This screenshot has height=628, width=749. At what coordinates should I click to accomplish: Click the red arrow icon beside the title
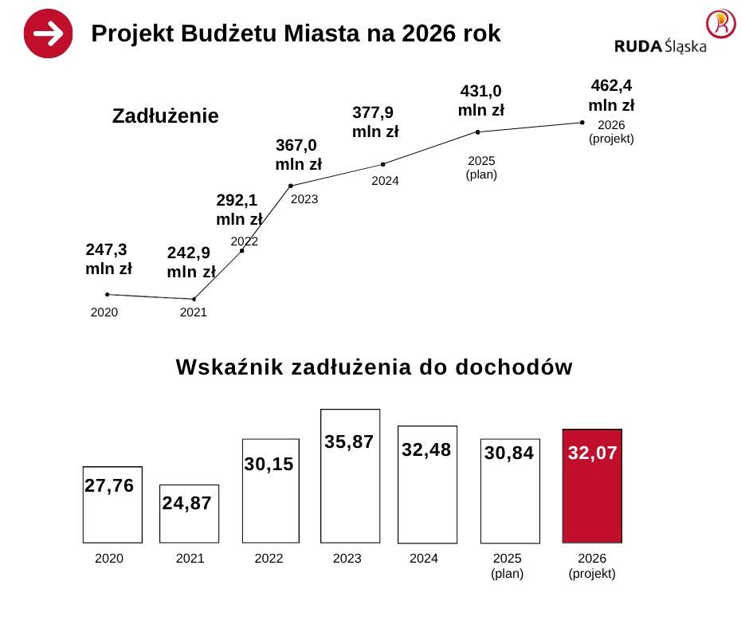coord(48,33)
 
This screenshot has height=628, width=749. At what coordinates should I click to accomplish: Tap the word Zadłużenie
coord(165,116)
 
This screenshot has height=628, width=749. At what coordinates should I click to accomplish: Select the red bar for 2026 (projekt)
coord(592,486)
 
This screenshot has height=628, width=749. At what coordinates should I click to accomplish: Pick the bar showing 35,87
coord(350,476)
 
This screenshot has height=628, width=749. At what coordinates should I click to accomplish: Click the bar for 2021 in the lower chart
coord(189,513)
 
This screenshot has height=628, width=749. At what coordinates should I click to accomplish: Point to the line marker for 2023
coord(290,186)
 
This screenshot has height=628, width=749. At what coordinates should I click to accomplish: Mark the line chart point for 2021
coord(194,300)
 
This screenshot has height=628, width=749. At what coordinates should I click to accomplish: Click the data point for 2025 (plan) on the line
coord(477,132)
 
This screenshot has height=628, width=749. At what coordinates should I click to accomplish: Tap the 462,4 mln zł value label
coord(611,95)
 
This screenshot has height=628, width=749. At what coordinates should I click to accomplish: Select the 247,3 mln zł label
coord(108,259)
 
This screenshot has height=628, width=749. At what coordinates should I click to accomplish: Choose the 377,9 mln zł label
coord(375,121)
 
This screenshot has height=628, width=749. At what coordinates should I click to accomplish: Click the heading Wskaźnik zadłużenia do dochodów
coord(374,367)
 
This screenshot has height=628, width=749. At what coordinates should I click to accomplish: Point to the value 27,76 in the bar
coord(109,486)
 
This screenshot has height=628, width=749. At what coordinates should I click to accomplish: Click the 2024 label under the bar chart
coord(424,559)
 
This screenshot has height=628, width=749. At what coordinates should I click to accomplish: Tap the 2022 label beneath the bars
coord(269,559)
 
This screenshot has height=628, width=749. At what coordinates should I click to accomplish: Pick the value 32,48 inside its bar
coord(426,450)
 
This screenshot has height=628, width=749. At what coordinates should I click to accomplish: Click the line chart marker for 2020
coord(107,295)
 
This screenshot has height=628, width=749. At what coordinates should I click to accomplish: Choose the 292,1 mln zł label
coord(239,209)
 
